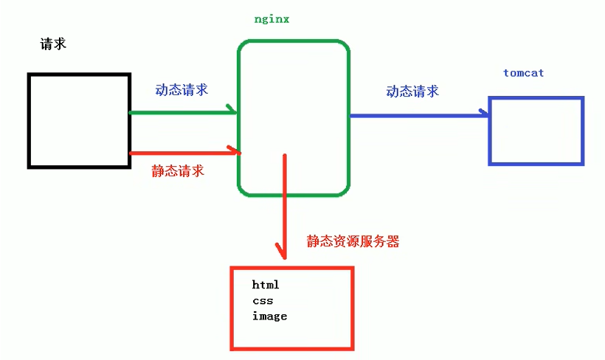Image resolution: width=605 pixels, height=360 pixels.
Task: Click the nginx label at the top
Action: click(271, 19)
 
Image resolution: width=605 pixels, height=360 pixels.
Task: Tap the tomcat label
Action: click(523, 73)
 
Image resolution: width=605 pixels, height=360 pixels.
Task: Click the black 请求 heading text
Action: click(53, 44)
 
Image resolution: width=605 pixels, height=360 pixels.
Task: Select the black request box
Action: click(78, 120)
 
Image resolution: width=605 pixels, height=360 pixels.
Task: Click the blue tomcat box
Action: click(536, 131)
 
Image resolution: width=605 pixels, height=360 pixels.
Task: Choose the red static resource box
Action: click(292, 307)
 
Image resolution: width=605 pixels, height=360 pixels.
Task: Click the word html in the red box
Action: click(266, 284)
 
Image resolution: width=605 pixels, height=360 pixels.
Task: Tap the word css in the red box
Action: click(263, 300)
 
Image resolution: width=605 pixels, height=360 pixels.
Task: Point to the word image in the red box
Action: click(269, 316)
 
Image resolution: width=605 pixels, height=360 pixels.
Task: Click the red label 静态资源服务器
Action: click(353, 241)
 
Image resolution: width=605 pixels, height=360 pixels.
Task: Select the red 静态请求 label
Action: click(178, 171)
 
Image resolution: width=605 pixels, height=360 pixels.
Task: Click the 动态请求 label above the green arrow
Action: click(181, 90)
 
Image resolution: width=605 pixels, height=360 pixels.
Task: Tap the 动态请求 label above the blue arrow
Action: click(412, 91)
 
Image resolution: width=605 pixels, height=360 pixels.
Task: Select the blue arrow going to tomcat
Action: click(417, 115)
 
